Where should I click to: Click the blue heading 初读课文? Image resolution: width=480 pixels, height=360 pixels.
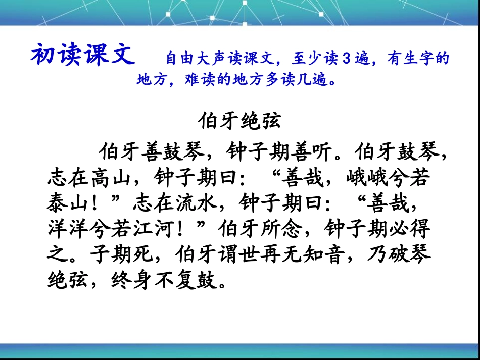click(83, 54)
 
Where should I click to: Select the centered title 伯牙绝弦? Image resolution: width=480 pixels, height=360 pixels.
click(239, 122)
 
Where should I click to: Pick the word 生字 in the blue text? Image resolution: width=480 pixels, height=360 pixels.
click(423, 59)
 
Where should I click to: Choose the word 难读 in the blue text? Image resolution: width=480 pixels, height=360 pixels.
click(199, 80)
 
